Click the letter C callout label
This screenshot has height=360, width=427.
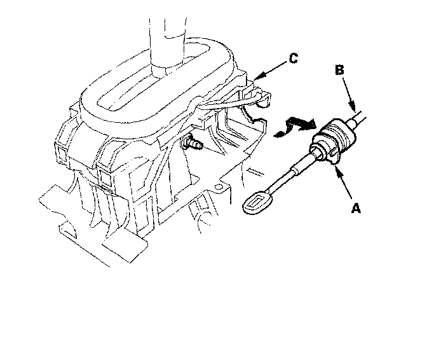pos(292,60)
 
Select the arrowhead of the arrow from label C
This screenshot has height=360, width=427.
pos(255,79)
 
